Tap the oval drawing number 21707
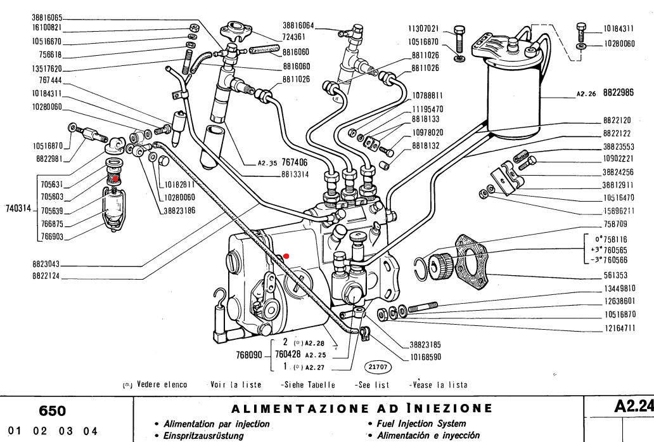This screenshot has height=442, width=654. pyautogui.click(x=376, y=367)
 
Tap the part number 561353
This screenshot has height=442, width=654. pyautogui.click(x=619, y=276)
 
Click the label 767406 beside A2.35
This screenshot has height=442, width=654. pyautogui.click(x=295, y=162)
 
